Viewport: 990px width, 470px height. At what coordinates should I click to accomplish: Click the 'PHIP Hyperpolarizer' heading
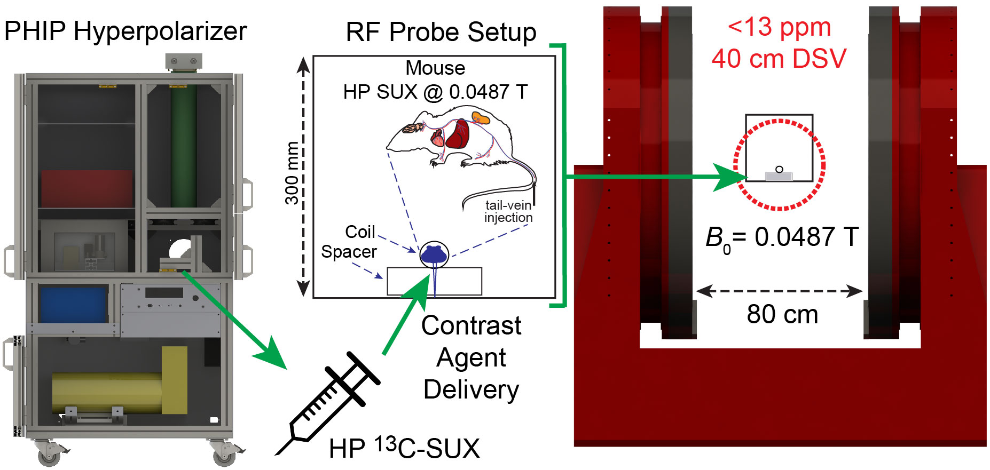(125, 31)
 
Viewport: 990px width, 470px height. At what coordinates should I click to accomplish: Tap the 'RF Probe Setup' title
(441, 33)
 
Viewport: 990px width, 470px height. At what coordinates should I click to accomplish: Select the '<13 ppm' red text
(779, 27)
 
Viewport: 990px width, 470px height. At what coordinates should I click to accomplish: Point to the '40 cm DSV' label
(779, 59)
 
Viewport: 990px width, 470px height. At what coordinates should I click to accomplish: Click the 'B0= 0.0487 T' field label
(782, 238)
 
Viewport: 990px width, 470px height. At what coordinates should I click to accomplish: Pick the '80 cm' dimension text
(782, 315)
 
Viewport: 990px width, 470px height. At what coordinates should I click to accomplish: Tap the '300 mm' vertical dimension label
(292, 173)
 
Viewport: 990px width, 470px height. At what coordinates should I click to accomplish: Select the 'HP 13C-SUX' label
(404, 449)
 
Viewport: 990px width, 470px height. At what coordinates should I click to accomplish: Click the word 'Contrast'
(471, 326)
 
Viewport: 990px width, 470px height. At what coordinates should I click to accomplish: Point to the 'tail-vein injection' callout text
(508, 211)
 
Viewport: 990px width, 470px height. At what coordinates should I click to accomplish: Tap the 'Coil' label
(360, 232)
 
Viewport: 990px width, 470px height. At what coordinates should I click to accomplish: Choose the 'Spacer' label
(349, 252)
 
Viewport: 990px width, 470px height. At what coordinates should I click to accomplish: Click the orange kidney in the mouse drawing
(481, 117)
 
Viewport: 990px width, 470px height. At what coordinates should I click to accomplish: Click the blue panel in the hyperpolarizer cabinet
(73, 305)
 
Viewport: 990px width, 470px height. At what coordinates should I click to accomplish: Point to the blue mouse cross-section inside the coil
(433, 255)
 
